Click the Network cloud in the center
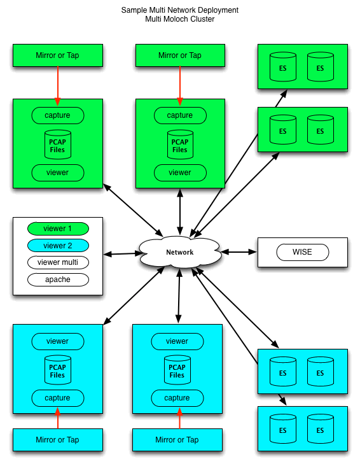(x=180, y=252)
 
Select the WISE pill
(x=302, y=252)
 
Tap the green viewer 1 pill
(x=57, y=229)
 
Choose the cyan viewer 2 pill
(x=57, y=246)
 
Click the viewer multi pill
(x=57, y=262)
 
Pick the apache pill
(x=57, y=279)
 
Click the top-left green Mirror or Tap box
(x=58, y=55)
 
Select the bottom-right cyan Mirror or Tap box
(x=177, y=440)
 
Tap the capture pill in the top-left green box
(x=57, y=115)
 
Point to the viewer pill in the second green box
(x=180, y=173)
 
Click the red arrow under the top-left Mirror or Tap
(x=58, y=83)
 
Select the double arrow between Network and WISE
(x=239, y=252)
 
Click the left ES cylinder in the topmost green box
(x=283, y=67)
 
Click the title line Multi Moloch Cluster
(x=180, y=19)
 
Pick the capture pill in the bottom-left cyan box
(x=57, y=398)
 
